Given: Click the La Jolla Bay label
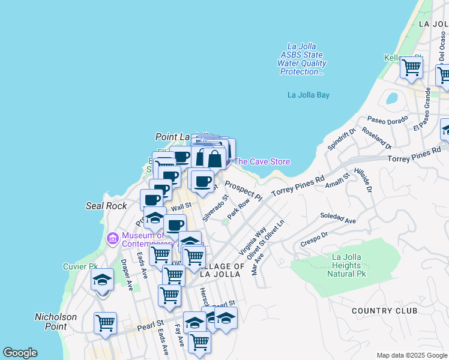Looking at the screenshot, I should coord(308,95).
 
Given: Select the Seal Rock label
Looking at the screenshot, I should coord(106,206).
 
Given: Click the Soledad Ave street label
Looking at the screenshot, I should coord(337,218).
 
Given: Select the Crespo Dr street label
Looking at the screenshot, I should coord(315,239).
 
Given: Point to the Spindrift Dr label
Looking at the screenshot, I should coord(342,139).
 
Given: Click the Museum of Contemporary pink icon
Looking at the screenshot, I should coord(112,239).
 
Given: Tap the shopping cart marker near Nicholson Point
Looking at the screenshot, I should coord(106,323).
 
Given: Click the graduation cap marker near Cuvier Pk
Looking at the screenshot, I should coord(102,280).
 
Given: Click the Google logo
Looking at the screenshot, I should coord(20,353).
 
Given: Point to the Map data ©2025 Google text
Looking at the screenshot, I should coord(411,355).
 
